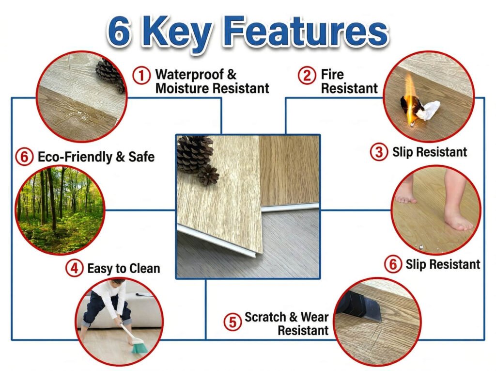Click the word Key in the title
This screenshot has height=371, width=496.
186,32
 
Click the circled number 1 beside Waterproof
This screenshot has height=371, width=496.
141,75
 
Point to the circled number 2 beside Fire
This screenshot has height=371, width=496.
307,76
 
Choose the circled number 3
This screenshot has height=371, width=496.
379,152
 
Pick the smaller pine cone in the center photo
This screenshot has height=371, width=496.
209,175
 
